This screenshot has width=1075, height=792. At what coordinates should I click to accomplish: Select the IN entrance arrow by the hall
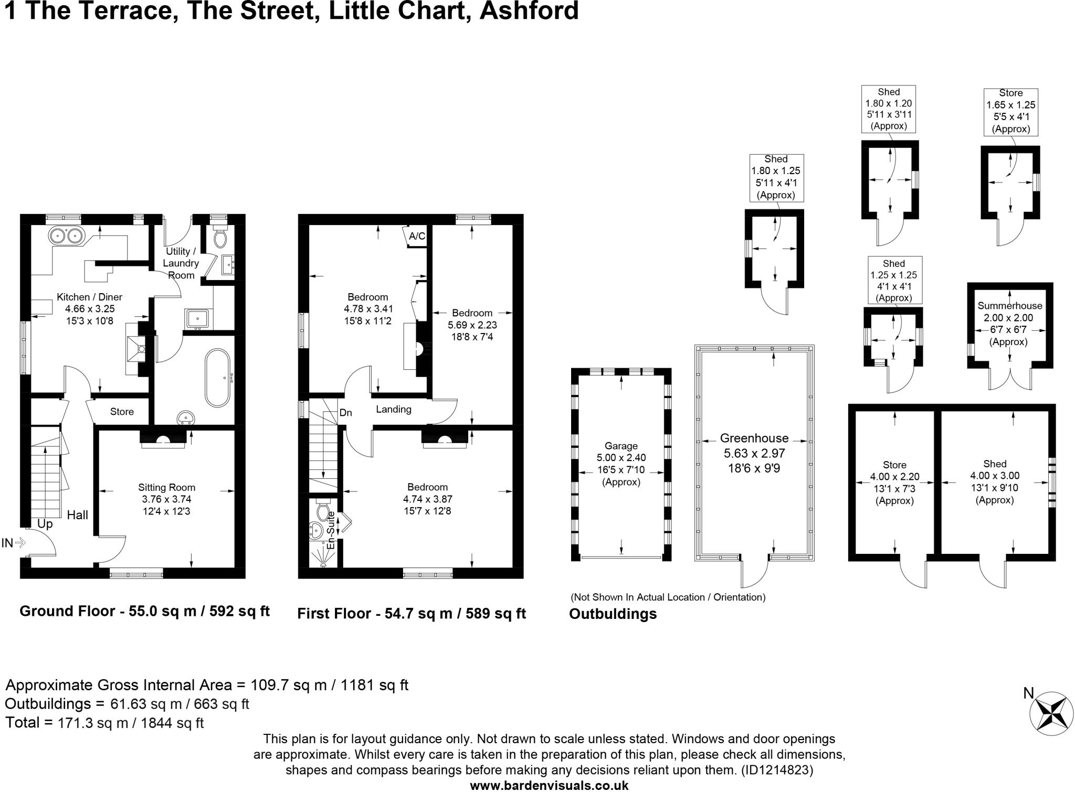(20, 543)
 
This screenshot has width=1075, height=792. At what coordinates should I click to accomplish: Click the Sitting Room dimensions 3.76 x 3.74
(166, 499)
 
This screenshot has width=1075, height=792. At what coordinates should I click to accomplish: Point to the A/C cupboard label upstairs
(417, 236)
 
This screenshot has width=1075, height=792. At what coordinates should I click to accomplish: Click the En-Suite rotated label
(331, 531)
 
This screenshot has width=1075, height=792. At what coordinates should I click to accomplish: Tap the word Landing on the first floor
(393, 410)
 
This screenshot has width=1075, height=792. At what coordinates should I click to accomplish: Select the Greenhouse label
(754, 438)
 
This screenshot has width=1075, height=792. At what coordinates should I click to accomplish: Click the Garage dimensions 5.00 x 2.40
(621, 457)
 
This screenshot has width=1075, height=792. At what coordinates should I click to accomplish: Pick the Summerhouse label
(1009, 306)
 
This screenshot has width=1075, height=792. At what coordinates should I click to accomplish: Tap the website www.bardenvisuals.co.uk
(549, 785)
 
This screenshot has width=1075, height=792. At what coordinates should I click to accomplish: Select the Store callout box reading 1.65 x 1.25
(1010, 112)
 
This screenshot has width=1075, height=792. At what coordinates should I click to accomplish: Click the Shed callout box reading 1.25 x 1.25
(893, 280)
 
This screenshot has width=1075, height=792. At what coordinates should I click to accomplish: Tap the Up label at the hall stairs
(45, 524)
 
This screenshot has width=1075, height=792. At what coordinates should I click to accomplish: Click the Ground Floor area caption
(144, 611)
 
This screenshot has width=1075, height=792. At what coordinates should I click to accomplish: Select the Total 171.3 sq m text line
(104, 723)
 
